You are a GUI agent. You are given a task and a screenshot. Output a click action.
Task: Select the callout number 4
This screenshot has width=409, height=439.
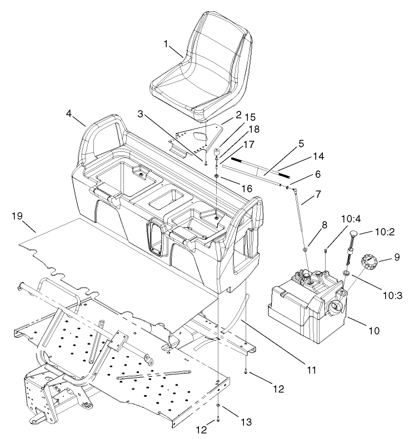(69, 114)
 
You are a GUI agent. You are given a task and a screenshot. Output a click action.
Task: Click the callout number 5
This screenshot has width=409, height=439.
(301, 144)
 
